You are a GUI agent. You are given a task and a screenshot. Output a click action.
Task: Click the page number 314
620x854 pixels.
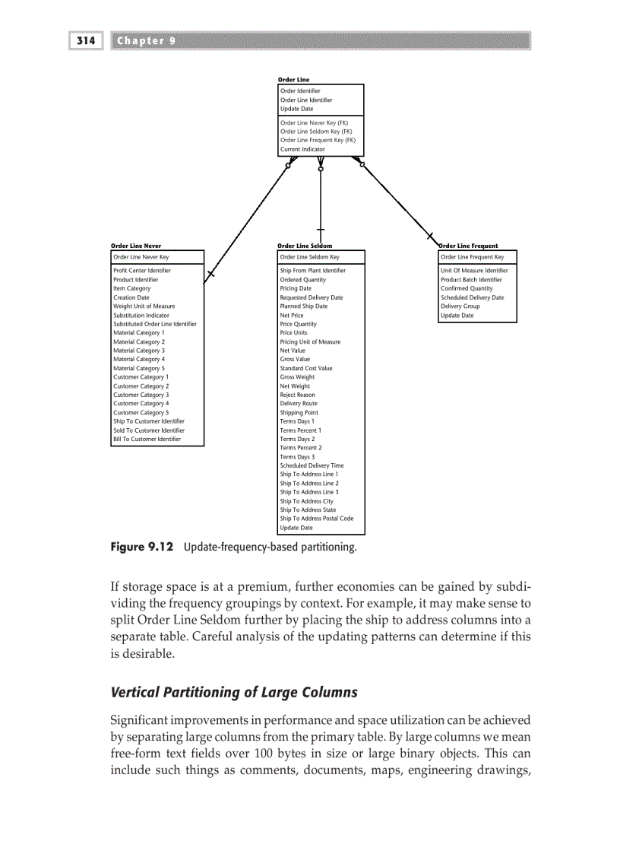pos(87,41)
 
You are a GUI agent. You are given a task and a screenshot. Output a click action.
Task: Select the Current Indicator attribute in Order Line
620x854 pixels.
pos(302,150)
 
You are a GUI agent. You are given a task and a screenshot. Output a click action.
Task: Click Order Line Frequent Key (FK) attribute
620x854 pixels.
pos(318,141)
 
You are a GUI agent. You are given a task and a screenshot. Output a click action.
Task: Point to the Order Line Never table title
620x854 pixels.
pos(136,246)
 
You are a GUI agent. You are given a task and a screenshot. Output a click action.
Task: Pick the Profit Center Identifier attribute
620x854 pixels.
pos(142,271)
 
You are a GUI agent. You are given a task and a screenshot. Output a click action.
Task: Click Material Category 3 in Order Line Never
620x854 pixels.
pos(138,351)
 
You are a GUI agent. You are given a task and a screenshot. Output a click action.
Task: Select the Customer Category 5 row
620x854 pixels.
pos(141,413)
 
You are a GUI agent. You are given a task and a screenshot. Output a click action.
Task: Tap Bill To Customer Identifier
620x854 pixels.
pos(147,440)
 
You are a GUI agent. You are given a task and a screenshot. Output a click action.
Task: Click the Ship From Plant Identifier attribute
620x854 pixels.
pos(312,271)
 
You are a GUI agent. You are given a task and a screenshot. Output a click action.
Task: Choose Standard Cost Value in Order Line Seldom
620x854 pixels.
pos(305,368)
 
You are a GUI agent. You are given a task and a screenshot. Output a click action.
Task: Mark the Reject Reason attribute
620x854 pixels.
pos(297,395)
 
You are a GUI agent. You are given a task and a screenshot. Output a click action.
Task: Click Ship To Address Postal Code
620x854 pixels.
pos(316,519)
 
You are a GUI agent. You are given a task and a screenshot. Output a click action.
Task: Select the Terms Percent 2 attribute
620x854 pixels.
pos(300,448)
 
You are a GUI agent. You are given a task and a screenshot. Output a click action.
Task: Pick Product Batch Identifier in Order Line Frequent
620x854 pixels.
pos(471,280)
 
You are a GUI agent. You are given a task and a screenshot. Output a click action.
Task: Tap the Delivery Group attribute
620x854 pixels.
pos(460,306)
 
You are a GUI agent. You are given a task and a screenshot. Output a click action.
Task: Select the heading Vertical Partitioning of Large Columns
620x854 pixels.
pos(234,692)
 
